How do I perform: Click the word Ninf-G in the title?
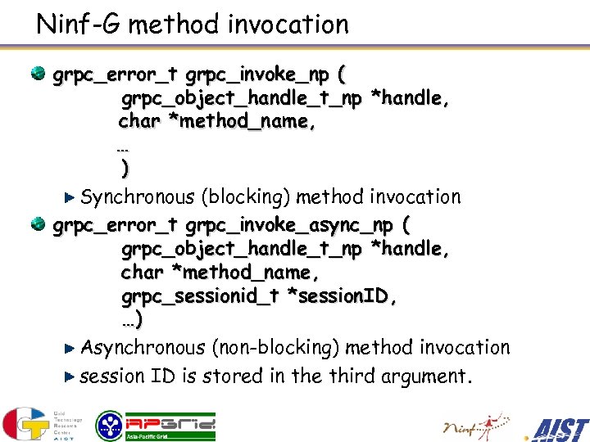(79, 24)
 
